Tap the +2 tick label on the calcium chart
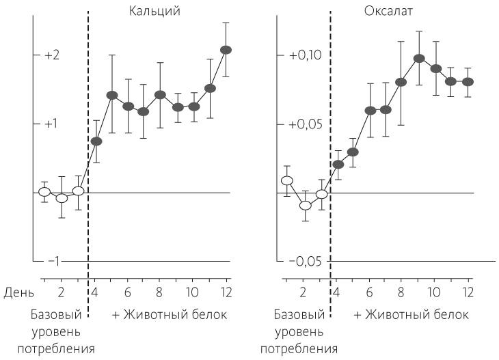pos(52,55)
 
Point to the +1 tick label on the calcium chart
pos(52,124)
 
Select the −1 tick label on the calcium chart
pos(53,262)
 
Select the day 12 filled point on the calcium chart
pos(226,50)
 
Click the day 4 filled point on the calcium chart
pos(96,141)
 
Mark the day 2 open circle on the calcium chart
pos(62,198)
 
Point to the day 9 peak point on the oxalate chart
pos(419,58)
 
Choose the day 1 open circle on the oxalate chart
pos(287,180)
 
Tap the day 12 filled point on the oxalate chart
pos(468,81)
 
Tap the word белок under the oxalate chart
pos(453,315)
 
